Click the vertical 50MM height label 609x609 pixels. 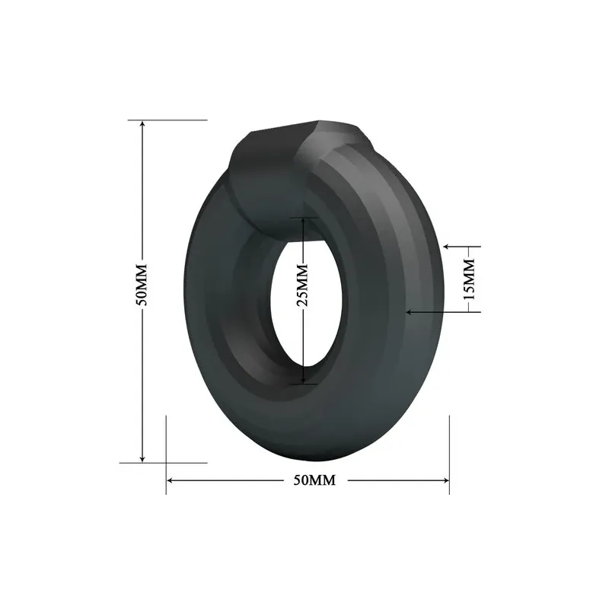[142, 285]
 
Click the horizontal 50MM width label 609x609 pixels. [314, 480]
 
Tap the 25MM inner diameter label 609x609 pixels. [302, 285]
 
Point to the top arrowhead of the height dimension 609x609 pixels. [142, 124]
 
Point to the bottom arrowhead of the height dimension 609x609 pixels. [142, 459]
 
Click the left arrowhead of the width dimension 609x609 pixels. [171, 480]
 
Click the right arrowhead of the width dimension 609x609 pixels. [445, 480]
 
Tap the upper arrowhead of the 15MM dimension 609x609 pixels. [447, 246]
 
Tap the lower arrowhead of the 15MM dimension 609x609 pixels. [410, 311]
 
